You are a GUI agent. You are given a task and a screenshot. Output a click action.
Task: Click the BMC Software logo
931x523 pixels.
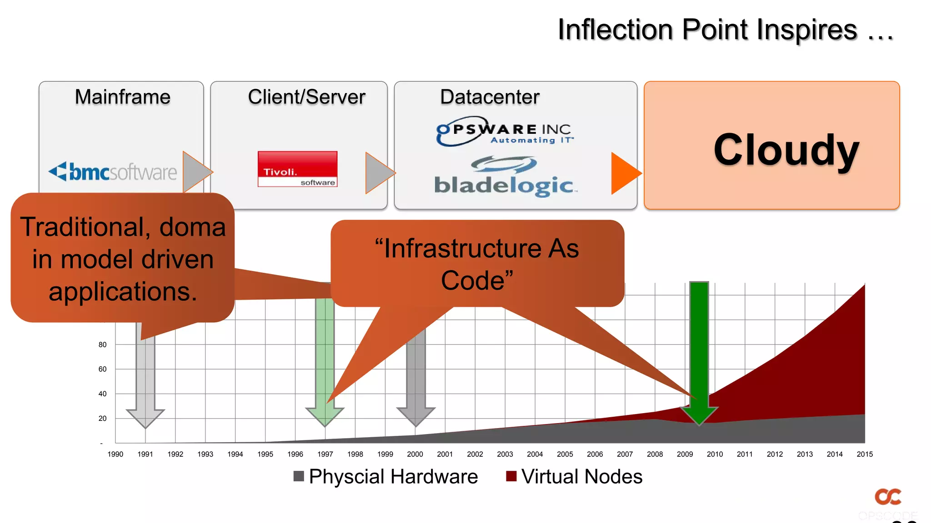click(x=113, y=172)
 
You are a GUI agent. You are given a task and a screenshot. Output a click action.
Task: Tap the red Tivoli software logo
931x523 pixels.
click(x=297, y=169)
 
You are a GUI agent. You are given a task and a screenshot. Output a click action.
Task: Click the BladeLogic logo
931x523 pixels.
click(x=504, y=178)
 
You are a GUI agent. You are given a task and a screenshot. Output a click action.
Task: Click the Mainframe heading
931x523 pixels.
click(x=122, y=97)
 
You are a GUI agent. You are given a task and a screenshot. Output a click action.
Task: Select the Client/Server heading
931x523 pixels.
click(x=306, y=97)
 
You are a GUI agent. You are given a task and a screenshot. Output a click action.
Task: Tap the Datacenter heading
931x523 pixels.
click(x=490, y=97)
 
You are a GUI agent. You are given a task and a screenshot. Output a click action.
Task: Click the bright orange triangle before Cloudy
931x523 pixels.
click(x=625, y=173)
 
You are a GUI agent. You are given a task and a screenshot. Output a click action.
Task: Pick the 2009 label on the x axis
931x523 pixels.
click(x=685, y=454)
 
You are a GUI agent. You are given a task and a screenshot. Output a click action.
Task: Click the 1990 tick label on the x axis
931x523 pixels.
click(x=115, y=454)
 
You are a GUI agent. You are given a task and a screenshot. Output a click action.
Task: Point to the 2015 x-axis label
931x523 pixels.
click(x=864, y=454)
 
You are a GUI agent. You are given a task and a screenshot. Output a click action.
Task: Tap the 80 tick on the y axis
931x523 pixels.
click(x=103, y=345)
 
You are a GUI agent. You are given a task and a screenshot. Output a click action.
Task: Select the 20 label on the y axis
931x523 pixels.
click(x=103, y=419)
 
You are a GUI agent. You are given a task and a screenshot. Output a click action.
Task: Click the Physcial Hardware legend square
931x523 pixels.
click(x=299, y=476)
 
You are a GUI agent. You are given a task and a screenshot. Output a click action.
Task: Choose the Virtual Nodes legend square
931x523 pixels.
click(x=511, y=476)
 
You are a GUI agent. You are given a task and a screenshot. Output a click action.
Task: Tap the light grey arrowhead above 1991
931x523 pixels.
click(x=145, y=418)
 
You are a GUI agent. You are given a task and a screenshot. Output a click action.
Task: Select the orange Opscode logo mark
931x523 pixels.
click(x=888, y=497)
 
